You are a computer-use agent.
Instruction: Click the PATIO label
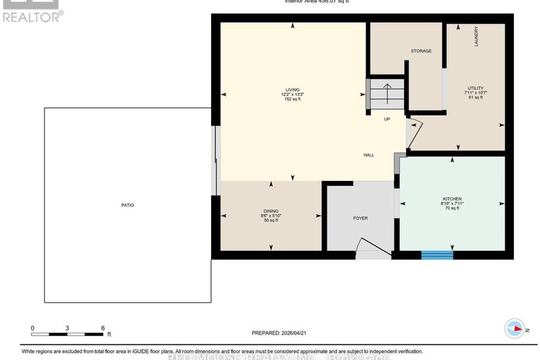[127, 205]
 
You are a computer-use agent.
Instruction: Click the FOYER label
[360, 218]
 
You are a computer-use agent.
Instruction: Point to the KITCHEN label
[452, 199]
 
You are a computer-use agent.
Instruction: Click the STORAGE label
[421, 51]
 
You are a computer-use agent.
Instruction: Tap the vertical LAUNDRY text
[477, 37]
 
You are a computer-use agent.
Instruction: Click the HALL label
[369, 155]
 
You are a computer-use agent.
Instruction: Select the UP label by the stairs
[387, 119]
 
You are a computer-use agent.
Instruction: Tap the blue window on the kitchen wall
[437, 254]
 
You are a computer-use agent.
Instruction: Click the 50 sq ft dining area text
[271, 221]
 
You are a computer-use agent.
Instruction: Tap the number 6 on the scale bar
[103, 329]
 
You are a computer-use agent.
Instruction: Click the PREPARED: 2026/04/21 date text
[281, 333]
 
